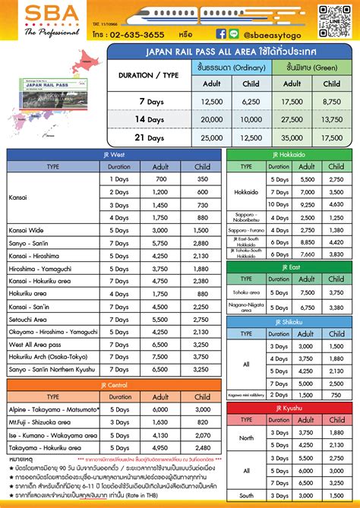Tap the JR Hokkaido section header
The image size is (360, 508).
tap(289, 154)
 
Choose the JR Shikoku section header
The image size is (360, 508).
tap(289, 323)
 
